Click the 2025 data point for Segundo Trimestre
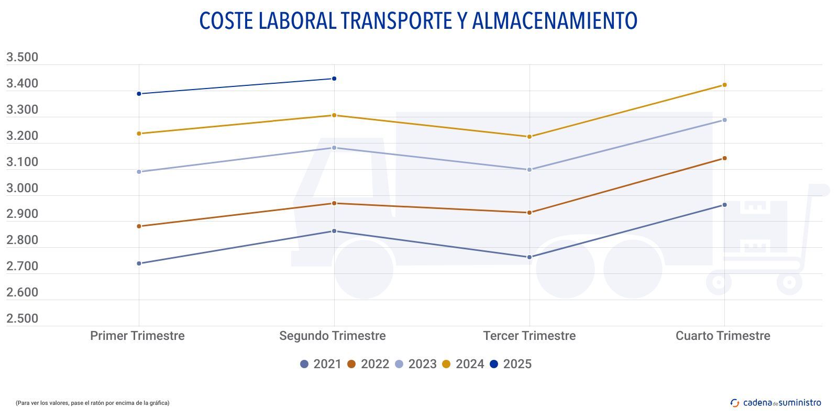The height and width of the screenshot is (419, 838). click(x=334, y=79)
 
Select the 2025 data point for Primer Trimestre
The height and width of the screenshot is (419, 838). click(x=139, y=94)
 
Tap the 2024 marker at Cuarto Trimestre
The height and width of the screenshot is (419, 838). click(x=724, y=85)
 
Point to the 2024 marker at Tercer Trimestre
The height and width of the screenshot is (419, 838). click(x=529, y=137)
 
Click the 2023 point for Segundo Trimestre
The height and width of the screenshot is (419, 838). click(x=334, y=148)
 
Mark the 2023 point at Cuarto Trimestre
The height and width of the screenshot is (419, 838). click(x=724, y=120)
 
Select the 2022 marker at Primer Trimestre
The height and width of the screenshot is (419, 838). click(x=139, y=226)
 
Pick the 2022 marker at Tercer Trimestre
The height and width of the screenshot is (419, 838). click(x=529, y=213)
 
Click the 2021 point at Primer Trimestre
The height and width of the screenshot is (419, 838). click(x=139, y=263)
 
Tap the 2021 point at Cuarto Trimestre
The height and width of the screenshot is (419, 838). click(x=724, y=205)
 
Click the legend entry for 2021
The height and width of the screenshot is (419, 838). click(x=321, y=364)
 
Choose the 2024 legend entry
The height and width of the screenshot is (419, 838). click(x=463, y=364)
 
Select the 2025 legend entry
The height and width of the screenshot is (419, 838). click(x=511, y=364)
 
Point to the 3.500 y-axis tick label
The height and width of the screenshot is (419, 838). click(x=22, y=57)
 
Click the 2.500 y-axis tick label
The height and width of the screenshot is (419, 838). click(x=22, y=318)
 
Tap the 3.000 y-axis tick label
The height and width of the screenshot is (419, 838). click(x=22, y=188)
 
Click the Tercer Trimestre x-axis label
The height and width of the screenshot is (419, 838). click(x=529, y=336)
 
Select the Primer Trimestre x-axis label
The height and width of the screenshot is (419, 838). click(x=137, y=336)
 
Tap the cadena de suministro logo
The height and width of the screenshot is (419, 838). click(x=776, y=403)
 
